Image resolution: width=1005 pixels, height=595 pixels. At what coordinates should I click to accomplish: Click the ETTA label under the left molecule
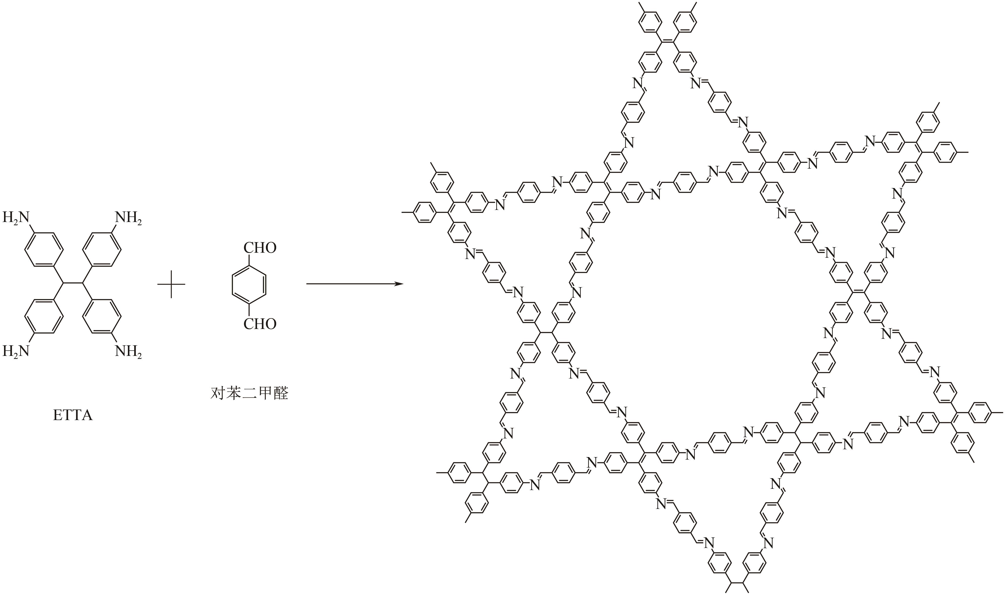(73, 415)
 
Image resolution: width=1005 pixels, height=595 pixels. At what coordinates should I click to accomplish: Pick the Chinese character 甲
(265, 394)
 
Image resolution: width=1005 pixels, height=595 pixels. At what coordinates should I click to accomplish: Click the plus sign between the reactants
(171, 284)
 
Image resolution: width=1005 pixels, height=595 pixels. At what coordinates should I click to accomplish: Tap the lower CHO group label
(260, 324)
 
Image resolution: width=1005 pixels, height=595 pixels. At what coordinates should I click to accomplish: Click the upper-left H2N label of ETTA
(16, 218)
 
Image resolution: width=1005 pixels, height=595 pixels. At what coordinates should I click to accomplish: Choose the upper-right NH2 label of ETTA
(128, 218)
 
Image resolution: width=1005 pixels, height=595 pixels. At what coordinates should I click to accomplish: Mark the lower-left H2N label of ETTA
(16, 351)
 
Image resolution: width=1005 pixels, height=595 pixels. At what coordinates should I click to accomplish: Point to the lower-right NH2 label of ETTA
(128, 351)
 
